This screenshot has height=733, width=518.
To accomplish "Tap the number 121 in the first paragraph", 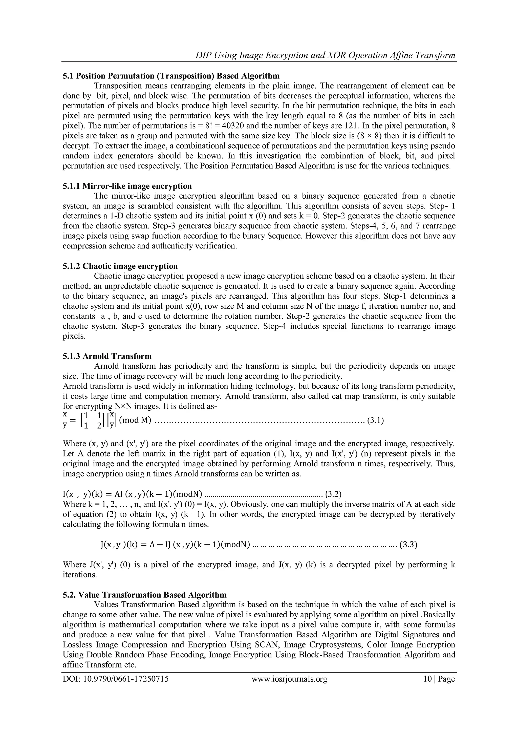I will tap(362, 126).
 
